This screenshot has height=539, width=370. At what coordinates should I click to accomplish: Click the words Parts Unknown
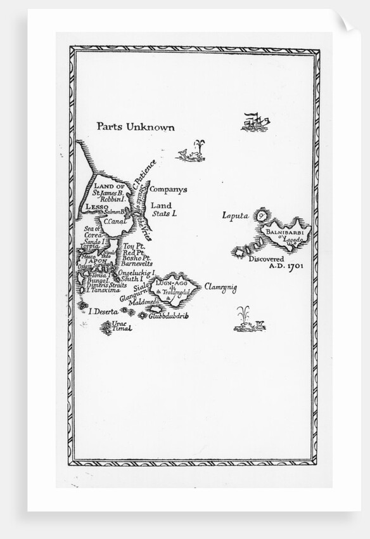tap(135, 127)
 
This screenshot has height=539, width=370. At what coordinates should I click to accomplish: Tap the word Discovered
tap(267, 259)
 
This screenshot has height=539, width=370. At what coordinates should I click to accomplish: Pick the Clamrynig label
tap(219, 289)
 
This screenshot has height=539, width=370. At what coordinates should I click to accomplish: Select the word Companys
tap(168, 190)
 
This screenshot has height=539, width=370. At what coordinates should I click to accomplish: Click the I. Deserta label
tap(104, 311)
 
